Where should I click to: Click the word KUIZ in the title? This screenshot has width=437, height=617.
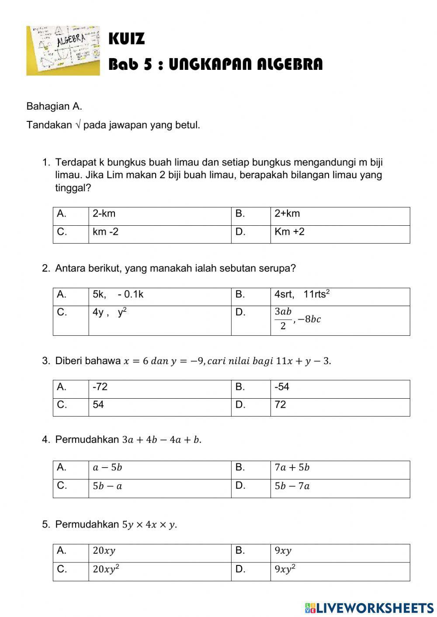click(126, 39)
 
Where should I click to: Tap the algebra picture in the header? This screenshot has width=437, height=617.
click(63, 51)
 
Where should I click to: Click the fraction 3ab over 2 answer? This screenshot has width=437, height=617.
click(297, 319)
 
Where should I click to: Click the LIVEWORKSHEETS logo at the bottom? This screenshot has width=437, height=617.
click(369, 608)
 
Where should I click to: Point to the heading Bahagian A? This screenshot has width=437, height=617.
click(54, 106)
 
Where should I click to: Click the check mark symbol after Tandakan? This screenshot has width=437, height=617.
click(78, 125)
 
